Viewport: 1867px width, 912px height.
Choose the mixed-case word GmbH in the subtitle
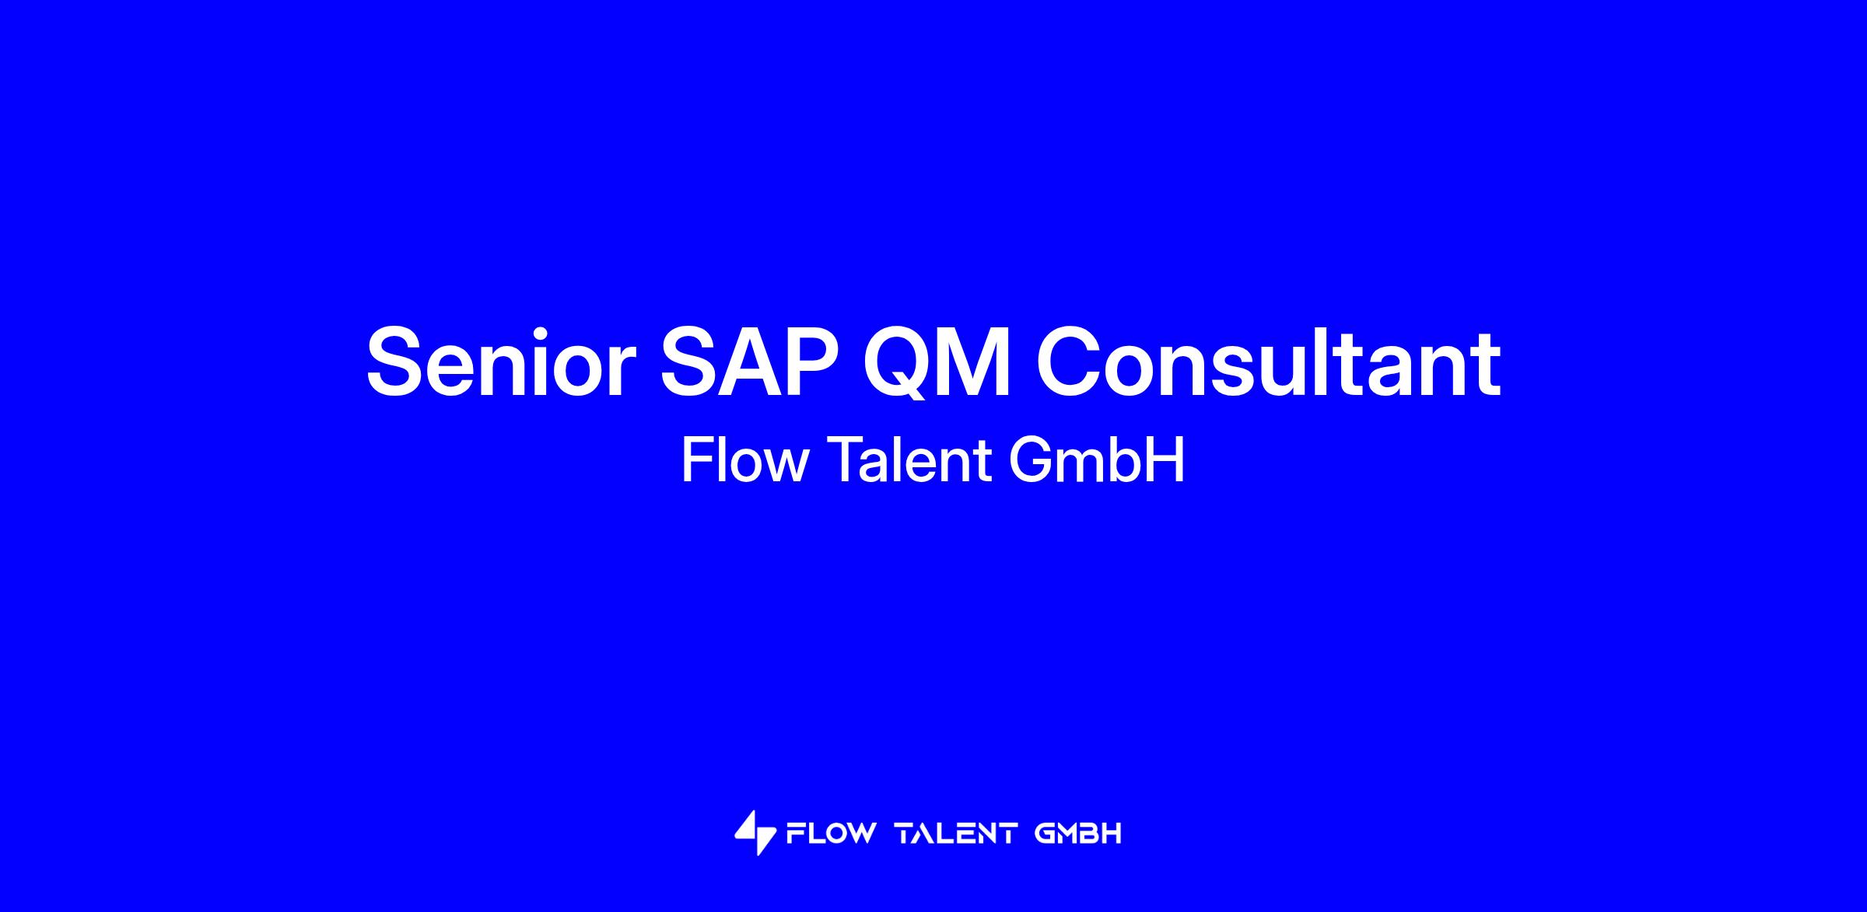tap(1098, 460)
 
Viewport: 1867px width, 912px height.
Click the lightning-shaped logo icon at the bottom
tap(755, 833)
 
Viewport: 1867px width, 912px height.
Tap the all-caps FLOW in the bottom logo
tap(831, 834)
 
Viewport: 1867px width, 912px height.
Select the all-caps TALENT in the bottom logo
tap(956, 834)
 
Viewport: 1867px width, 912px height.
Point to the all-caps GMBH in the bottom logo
tap(1078, 834)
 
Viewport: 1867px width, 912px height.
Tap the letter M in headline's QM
tap(976, 362)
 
